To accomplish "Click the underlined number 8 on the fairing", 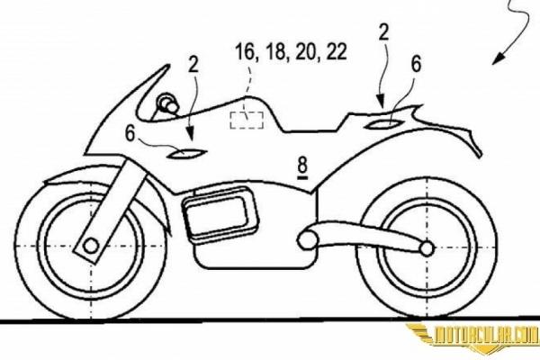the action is click(302, 166).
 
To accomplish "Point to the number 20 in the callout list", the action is click(307, 52).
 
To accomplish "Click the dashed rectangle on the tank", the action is click(247, 120).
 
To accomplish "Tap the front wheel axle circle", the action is click(91, 246).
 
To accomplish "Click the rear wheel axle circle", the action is click(427, 247).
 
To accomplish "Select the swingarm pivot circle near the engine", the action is click(305, 241).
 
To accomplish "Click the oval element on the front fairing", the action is click(186, 153).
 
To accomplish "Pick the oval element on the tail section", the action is click(384, 123).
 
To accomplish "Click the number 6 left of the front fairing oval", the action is click(130, 133).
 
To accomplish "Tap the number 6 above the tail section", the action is click(417, 64).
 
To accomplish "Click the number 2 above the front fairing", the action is click(193, 64).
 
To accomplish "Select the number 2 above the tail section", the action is click(383, 32).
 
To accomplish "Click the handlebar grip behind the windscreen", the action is click(167, 103).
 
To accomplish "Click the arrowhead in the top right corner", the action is click(495, 59).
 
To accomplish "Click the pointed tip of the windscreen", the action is click(169, 65).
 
